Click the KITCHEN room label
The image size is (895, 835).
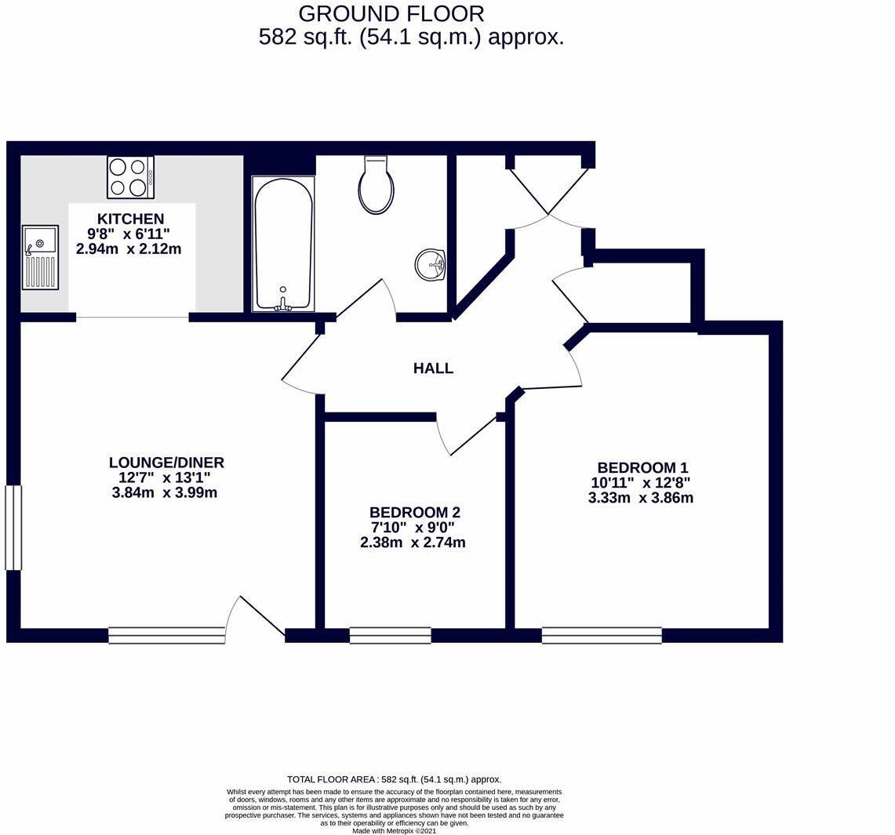(x=130, y=219)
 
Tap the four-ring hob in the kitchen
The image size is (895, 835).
(x=130, y=177)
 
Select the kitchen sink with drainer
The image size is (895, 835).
(x=40, y=257)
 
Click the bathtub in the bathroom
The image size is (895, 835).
(x=283, y=243)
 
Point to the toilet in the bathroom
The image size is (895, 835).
(x=377, y=185)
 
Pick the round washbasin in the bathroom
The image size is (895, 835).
(x=430, y=264)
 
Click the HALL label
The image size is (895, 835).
(x=433, y=368)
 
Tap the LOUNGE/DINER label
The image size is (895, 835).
(x=166, y=463)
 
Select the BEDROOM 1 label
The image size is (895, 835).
(x=642, y=467)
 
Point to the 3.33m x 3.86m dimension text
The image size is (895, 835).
(x=640, y=498)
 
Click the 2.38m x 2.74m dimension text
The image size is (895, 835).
(x=413, y=543)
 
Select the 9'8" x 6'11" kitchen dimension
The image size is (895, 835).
(x=130, y=234)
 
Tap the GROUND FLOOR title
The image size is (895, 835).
(x=391, y=13)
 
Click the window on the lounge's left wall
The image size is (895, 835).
(x=13, y=527)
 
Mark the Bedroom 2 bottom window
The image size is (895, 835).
(x=390, y=636)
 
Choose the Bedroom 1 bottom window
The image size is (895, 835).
(x=602, y=636)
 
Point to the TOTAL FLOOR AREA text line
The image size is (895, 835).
(x=394, y=779)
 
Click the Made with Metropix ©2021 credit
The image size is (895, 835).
(x=394, y=830)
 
